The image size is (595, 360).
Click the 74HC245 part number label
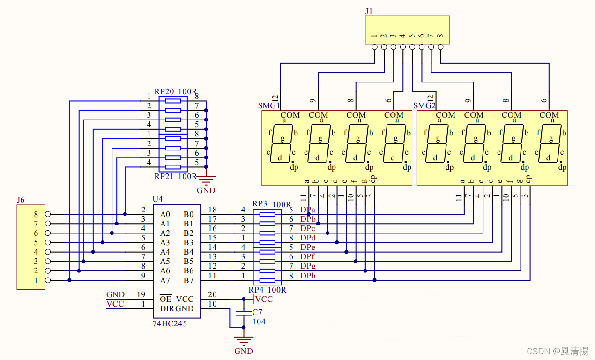170,323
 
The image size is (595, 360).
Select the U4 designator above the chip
157,199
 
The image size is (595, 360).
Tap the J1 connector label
369,11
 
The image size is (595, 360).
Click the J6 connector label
21,200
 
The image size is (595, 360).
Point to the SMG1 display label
269,106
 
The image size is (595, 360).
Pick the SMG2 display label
424,106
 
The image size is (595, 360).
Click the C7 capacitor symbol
244,313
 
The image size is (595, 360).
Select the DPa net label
308,210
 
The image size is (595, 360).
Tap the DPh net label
308,276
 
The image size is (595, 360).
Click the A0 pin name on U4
165,214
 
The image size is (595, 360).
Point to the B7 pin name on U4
188,280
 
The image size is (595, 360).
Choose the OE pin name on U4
165,299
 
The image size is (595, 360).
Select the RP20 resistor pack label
164,91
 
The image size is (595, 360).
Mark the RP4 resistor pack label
256,290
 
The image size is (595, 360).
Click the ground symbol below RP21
206,180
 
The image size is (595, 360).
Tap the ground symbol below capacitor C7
244,341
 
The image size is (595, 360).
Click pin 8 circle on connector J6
48,214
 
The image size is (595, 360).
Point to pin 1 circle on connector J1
374,47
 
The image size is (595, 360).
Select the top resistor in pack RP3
267,214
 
